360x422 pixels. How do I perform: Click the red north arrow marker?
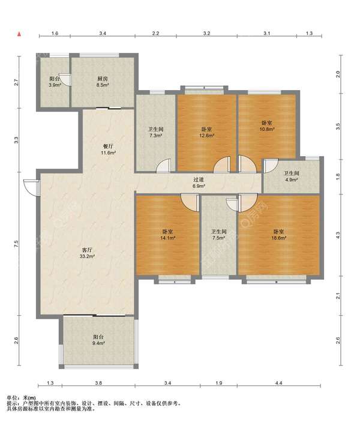19,34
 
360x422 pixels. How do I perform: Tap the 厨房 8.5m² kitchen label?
103,82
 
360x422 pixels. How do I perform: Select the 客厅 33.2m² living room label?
86,253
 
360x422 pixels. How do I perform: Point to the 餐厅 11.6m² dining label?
108,149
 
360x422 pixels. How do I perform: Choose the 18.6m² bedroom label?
278,235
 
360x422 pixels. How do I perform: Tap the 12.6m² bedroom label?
206,133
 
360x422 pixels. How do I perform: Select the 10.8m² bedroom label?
267,125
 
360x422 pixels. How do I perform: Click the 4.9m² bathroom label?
292,176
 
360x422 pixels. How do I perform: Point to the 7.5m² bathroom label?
218,235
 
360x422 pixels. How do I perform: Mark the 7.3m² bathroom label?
156,133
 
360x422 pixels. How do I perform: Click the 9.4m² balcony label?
98,340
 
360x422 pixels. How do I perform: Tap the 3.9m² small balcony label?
55,82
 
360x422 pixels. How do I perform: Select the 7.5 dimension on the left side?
16,244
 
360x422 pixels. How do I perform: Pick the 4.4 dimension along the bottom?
279,383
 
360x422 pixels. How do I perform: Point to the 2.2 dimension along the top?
155,34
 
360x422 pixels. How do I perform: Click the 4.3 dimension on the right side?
338,235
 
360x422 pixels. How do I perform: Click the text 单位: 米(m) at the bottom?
21,397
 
